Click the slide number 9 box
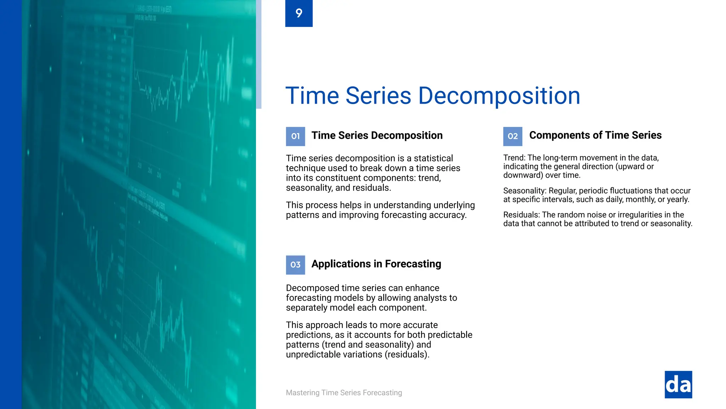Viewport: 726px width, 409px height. pyautogui.click(x=299, y=13)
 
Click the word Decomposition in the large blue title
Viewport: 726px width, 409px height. pyautogui.click(x=499, y=96)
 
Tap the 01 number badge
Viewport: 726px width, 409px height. pyautogui.click(x=295, y=136)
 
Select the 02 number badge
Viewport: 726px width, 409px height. pyautogui.click(x=513, y=136)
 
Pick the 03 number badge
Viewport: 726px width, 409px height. pyautogui.click(x=295, y=265)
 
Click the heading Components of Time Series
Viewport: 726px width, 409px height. pyautogui.click(x=595, y=135)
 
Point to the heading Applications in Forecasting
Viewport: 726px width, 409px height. pyautogui.click(x=376, y=264)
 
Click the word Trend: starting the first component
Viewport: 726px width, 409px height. pyautogui.click(x=514, y=158)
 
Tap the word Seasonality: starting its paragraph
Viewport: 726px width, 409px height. pyautogui.click(x=524, y=191)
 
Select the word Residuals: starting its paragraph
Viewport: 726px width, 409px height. pyautogui.click(x=521, y=215)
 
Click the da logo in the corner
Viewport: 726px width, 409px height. pyautogui.click(x=678, y=385)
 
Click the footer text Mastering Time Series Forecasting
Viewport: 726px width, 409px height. pyautogui.click(x=344, y=393)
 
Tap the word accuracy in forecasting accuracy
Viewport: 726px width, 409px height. pyautogui.click(x=448, y=215)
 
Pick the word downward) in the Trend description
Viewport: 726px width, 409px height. pyautogui.click(x=523, y=175)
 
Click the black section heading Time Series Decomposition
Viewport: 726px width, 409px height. pyautogui.click(x=377, y=136)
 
